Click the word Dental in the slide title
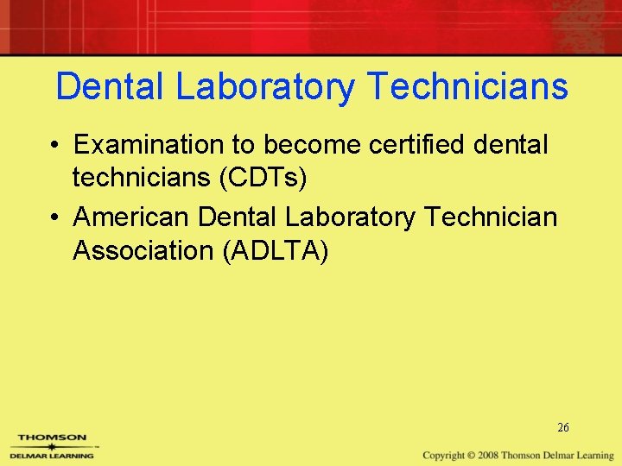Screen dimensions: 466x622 tap(114, 88)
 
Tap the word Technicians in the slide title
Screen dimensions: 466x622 tap(467, 88)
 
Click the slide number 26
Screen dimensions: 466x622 tap(563, 428)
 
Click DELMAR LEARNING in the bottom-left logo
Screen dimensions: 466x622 tap(52, 453)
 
